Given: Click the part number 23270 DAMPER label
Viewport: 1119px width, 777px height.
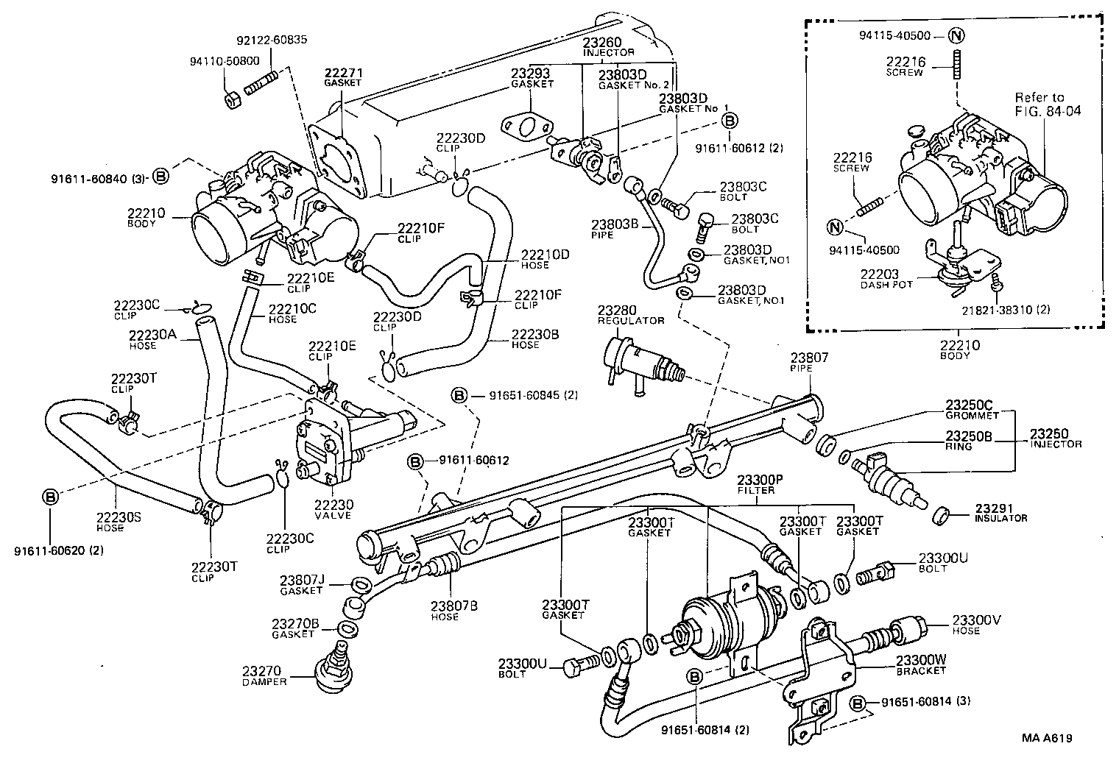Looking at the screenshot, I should (263, 675).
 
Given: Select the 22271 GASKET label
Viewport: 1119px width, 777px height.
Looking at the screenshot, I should (344, 77).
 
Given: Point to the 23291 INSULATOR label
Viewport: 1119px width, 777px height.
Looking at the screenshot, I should (1000, 512).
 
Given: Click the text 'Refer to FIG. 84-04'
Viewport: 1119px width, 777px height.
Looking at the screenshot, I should (1043, 104).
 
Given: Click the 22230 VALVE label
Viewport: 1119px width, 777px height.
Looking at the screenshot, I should (333, 509).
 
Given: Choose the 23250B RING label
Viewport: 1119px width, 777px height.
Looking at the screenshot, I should (969, 440).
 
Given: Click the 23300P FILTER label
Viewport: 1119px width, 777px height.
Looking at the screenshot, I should (757, 483).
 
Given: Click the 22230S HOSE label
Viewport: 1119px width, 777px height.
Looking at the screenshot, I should (119, 522).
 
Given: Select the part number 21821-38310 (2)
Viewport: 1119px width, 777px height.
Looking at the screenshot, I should (1015, 310).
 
